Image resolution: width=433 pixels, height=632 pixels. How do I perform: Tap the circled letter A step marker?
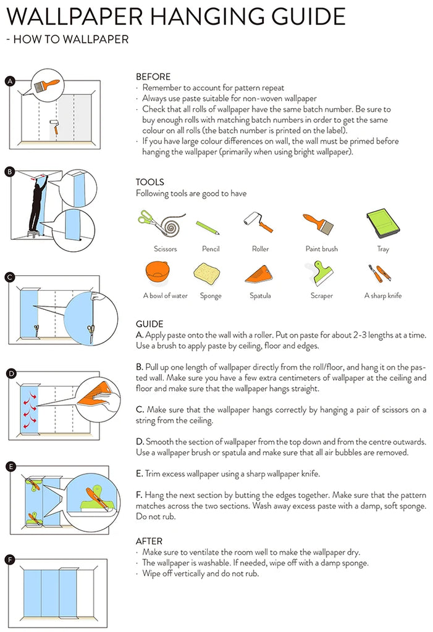click(x=10, y=81)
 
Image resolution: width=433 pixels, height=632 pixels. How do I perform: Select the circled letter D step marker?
click(x=10, y=374)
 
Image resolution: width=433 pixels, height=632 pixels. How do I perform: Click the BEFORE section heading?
click(x=153, y=77)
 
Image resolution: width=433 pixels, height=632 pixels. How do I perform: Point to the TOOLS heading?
click(x=150, y=182)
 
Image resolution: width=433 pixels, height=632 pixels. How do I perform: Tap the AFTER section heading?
click(x=149, y=541)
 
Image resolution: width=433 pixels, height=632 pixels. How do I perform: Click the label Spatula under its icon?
click(x=260, y=296)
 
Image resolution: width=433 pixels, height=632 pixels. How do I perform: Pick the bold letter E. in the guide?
click(x=140, y=474)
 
